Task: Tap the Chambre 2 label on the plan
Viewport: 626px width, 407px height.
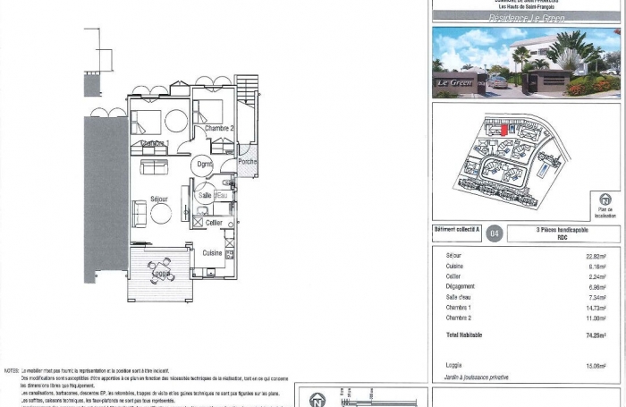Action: (219, 129)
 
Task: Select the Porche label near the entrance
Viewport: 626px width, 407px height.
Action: (248, 163)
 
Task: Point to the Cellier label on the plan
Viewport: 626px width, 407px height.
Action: (214, 222)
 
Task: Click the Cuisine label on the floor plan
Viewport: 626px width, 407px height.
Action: (212, 253)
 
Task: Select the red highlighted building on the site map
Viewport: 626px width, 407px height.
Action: (503, 131)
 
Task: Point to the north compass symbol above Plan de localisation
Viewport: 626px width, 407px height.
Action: (605, 200)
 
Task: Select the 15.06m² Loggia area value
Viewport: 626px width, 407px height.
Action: (595, 365)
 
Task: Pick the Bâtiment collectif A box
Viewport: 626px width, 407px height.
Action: (457, 230)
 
